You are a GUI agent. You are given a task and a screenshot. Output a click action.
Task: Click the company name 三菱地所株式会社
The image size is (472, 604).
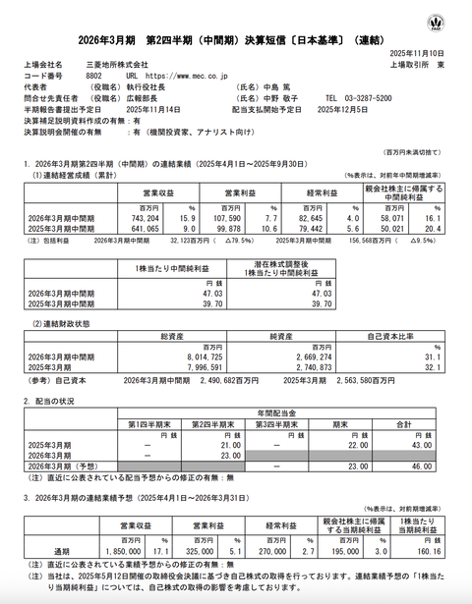114,63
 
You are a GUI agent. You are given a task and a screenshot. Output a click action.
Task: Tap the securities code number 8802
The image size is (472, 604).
96,75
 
